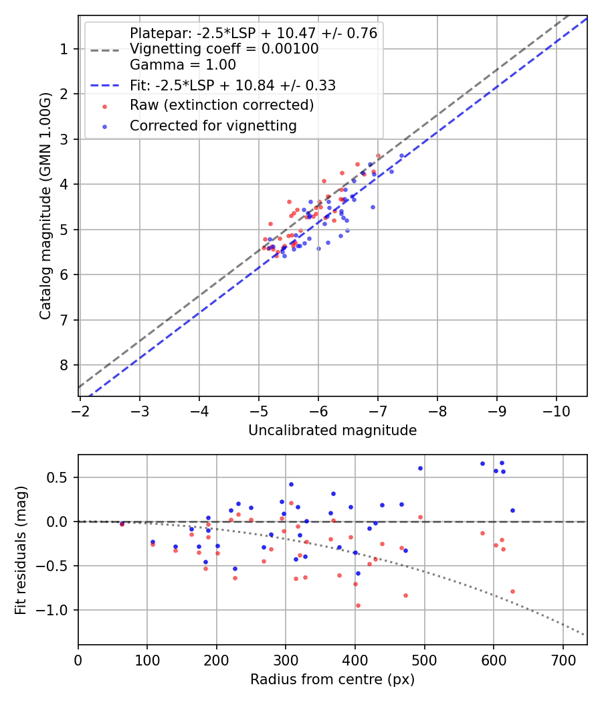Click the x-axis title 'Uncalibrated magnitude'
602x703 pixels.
pos(332,431)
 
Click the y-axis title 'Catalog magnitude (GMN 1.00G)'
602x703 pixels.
pos(45,206)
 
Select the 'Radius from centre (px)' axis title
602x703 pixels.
pos(332,680)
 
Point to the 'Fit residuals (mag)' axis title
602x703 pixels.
pos(21,549)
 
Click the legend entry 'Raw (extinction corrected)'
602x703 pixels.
pos(221,105)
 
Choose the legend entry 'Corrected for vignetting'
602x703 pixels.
pos(213,125)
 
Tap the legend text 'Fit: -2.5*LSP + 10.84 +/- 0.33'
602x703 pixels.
pos(232,85)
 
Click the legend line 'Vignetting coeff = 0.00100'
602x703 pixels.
pos(223,49)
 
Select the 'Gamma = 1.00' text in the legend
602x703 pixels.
pos(183,65)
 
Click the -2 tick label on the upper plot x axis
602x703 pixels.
pos(80,410)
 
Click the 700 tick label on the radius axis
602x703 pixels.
pos(563,659)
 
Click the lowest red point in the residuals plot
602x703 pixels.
pos(358,605)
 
